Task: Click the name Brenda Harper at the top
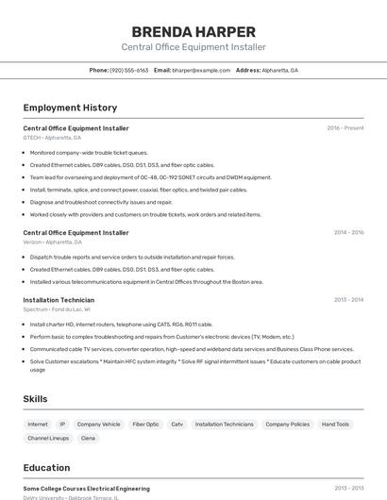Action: pyautogui.click(x=193, y=31)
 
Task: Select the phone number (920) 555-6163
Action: pyautogui.click(x=129, y=70)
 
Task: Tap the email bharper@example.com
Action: pyautogui.click(x=201, y=70)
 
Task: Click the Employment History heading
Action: pyautogui.click(x=70, y=108)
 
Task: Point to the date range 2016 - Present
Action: pyautogui.click(x=345, y=128)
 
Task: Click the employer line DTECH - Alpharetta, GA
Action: pyautogui.click(x=52, y=138)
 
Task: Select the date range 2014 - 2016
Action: pyautogui.click(x=348, y=232)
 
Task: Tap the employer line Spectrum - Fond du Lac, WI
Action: pyautogui.click(x=57, y=309)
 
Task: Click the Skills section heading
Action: pyautogui.click(x=35, y=399)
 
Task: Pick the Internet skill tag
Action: pyautogui.click(x=38, y=425)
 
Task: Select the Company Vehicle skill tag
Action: pyautogui.click(x=98, y=425)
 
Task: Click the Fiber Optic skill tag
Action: pyautogui.click(x=145, y=425)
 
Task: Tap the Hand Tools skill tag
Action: pyautogui.click(x=335, y=425)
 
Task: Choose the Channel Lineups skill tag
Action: pyautogui.click(x=48, y=439)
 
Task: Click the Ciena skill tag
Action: pyautogui.click(x=88, y=439)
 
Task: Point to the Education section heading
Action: pyautogui.click(x=46, y=468)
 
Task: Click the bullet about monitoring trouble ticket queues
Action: pyautogui.click(x=89, y=152)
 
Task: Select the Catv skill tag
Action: pyautogui.click(x=177, y=425)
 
